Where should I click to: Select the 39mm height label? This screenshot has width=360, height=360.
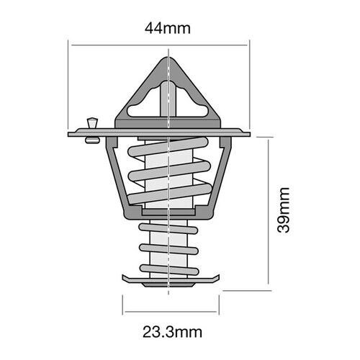(x=284, y=210)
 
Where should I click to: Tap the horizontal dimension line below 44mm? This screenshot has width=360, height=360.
(x=158, y=45)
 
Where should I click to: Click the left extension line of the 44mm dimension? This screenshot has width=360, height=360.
(x=68, y=86)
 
